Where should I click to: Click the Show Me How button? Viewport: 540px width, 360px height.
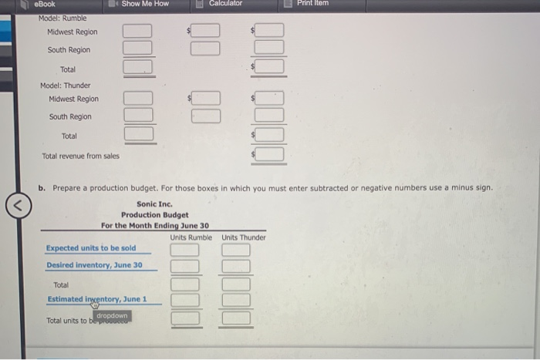pos(144,4)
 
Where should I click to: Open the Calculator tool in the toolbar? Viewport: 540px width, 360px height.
pos(224,4)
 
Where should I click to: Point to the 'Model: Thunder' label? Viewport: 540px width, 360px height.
pos(65,86)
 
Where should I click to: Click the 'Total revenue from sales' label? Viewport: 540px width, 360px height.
pos(80,156)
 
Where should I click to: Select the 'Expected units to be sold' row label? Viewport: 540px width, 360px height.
pos(90,248)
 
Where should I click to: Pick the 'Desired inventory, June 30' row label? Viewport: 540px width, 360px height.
pos(94,265)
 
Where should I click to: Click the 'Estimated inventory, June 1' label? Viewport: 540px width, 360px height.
pos(97,299)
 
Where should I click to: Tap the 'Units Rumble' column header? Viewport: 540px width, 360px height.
pos(191,237)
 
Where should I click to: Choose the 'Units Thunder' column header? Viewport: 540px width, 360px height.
pos(243,237)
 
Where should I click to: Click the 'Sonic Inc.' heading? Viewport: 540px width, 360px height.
pos(154,204)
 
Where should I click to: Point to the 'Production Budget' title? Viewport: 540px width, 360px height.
pos(154,215)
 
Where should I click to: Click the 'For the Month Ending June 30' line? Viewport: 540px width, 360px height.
pos(154,226)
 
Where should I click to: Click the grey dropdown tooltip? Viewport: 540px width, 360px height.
pos(113,315)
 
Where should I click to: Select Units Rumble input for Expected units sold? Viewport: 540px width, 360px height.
pos(185,250)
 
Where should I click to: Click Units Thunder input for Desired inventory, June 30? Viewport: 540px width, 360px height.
pos(236,267)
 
